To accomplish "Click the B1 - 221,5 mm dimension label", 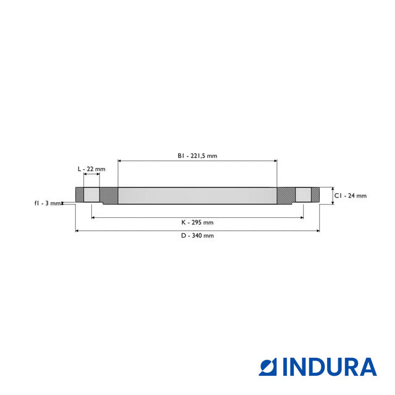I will (197, 156).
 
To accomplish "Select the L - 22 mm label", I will (91, 169).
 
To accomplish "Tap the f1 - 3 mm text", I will (47, 203).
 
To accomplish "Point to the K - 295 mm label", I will (197, 222).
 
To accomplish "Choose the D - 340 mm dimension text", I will (197, 236).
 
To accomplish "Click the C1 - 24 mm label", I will (350, 196).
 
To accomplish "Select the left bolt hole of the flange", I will (91, 195).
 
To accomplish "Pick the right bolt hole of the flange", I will (303, 195).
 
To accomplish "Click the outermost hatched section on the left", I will (79, 195).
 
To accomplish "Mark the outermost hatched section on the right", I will (315, 195).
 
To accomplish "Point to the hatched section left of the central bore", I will (109, 196).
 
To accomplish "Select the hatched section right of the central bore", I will (286, 196).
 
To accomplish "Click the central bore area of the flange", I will (197, 196).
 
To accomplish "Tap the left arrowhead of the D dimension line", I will (77, 231).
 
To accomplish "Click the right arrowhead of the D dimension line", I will (317, 231).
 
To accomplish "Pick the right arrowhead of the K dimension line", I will (301, 217).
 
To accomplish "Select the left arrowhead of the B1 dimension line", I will (120, 160).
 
